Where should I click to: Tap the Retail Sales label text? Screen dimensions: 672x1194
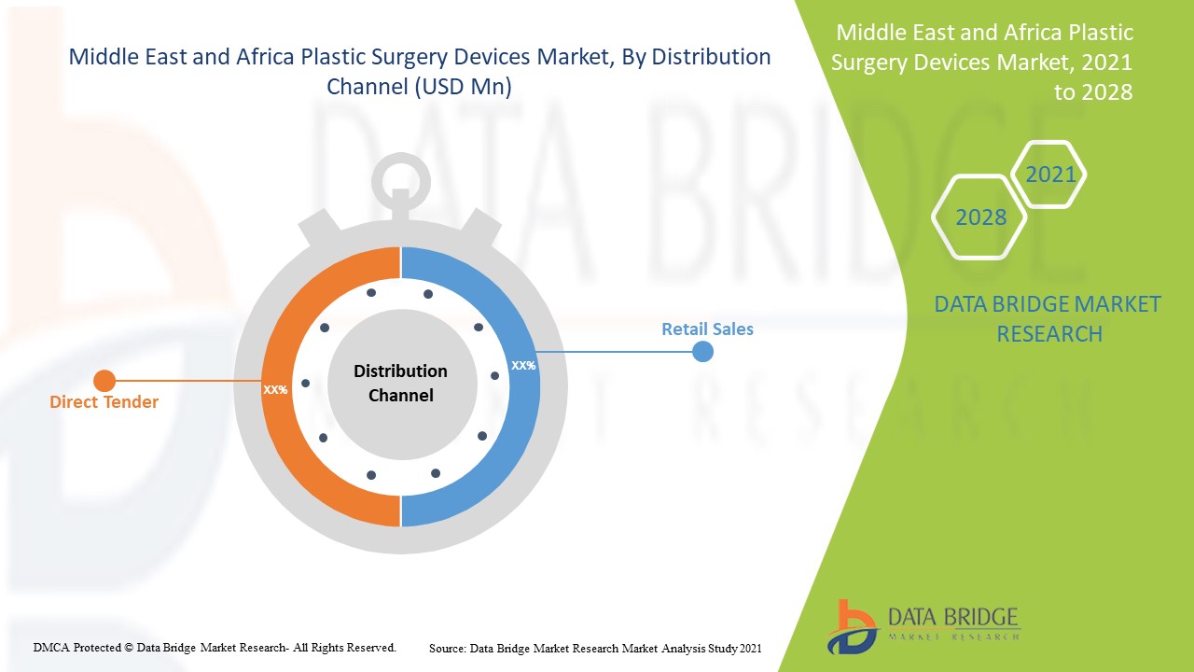tap(707, 329)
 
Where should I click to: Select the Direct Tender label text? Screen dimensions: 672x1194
tap(104, 402)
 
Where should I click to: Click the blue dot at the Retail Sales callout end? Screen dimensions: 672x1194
tap(702, 352)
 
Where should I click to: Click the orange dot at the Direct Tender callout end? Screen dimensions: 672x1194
tap(104, 381)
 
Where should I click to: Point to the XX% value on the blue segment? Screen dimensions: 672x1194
tap(523, 365)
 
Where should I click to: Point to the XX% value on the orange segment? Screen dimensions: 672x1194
tap(275, 389)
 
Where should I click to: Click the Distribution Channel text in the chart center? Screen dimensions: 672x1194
tap(400, 384)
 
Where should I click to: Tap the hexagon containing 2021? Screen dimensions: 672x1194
tap(1050, 174)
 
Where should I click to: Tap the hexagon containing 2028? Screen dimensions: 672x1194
tap(980, 217)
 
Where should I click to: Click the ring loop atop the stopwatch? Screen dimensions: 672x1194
tap(401, 183)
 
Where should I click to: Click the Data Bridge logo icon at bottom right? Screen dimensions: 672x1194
tap(851, 626)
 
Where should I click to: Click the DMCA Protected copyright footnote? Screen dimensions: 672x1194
tap(215, 647)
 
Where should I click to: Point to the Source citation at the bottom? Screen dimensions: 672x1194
tap(595, 648)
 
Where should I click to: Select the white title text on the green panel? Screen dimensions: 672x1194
tap(984, 62)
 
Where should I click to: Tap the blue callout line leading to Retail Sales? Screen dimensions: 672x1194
tap(616, 352)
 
